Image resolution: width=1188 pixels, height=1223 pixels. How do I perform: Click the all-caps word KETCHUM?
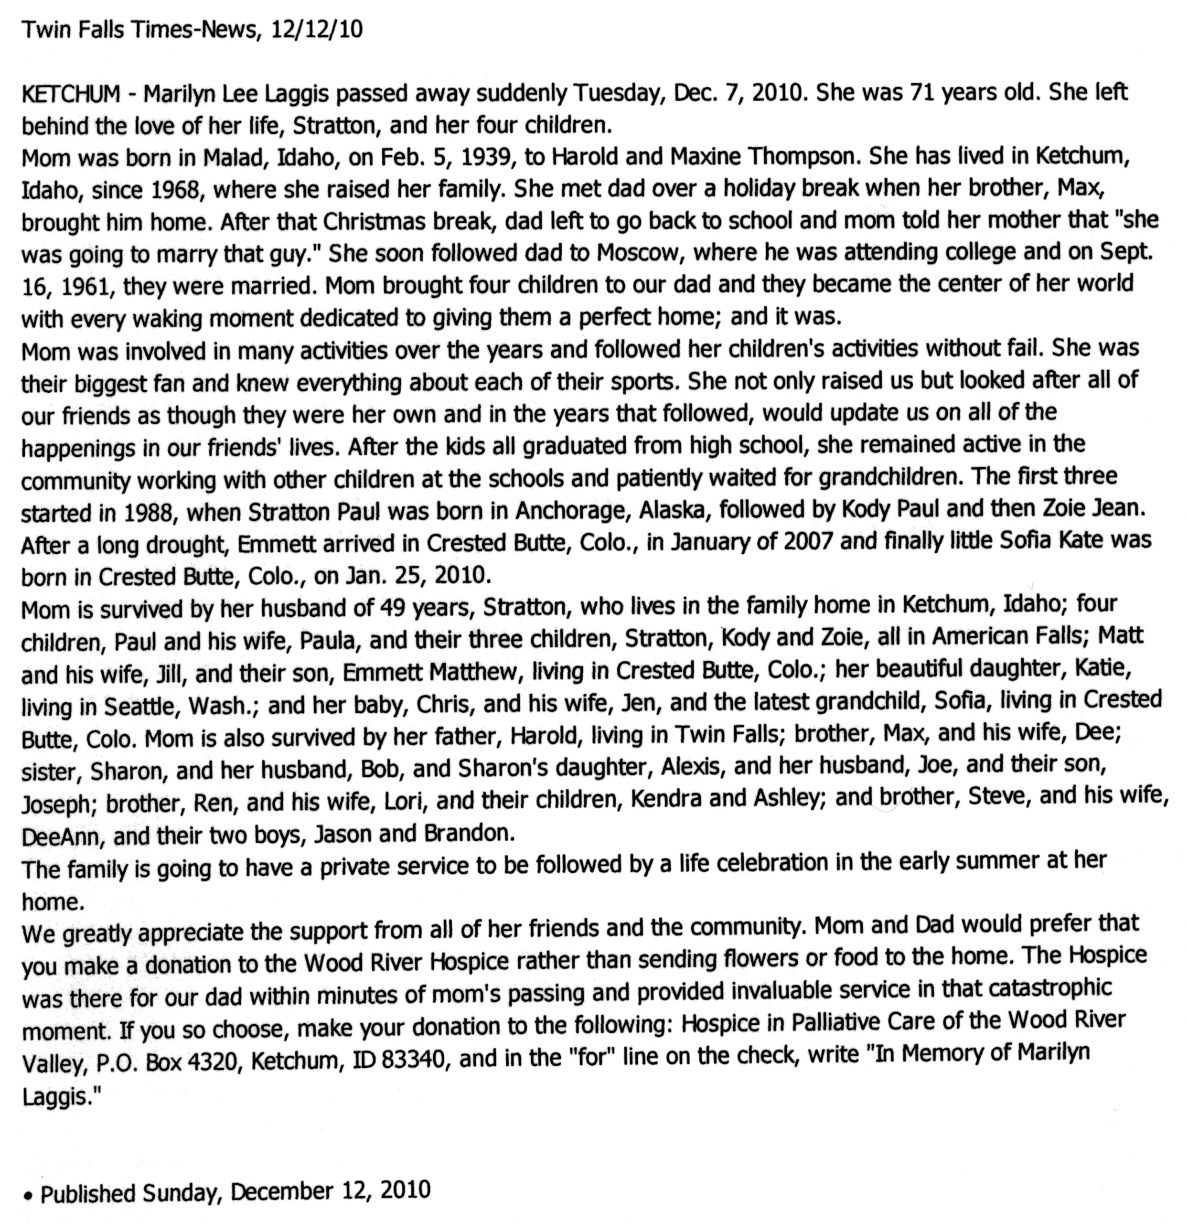click(x=71, y=94)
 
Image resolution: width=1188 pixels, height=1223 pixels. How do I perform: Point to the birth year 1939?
click(x=487, y=158)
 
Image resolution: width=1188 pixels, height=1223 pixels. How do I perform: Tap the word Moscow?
click(x=636, y=253)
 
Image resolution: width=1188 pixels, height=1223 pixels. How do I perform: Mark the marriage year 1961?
click(x=87, y=287)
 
